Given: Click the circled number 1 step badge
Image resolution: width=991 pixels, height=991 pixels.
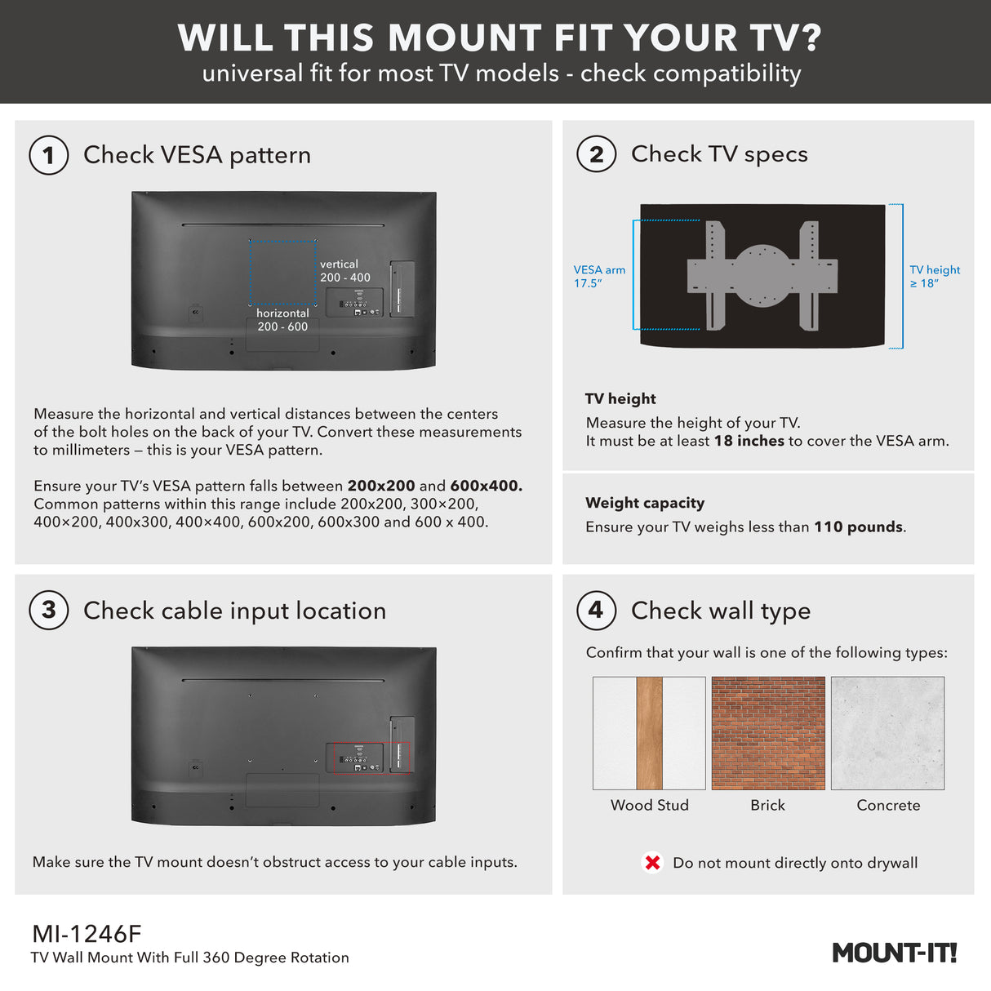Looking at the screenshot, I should point(49,155).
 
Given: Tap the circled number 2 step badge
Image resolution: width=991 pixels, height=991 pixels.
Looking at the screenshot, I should point(596,154).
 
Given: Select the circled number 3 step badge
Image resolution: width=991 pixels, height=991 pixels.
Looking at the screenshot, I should point(49,610).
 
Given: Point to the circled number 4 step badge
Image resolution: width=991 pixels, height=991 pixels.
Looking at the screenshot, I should point(596,610).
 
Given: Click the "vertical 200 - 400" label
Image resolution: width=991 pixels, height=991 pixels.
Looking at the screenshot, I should point(344,271).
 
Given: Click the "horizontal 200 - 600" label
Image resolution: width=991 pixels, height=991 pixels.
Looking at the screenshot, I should point(282,320).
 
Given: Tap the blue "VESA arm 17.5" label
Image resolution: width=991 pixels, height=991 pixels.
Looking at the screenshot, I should point(599,277).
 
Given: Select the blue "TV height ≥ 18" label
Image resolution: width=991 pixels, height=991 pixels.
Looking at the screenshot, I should point(935,277).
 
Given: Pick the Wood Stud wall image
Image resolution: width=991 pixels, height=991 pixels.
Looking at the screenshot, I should point(649,733).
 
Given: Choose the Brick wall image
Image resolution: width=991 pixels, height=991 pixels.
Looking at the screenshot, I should point(768,733).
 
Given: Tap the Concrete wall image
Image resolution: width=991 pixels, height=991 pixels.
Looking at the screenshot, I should point(887,733).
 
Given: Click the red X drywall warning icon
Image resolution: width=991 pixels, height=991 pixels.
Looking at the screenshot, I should point(652,863).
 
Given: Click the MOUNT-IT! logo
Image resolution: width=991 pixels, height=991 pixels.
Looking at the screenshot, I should point(894,953).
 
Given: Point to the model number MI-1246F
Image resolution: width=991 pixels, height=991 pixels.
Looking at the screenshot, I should point(87,934).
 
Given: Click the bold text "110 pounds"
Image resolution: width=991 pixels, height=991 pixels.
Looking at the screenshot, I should point(859,527).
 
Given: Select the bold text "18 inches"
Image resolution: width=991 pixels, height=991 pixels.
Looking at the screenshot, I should point(749,441).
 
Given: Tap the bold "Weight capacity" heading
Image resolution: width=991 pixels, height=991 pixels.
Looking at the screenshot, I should point(645,503).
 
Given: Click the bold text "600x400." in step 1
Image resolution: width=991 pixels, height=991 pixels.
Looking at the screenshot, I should point(486,486).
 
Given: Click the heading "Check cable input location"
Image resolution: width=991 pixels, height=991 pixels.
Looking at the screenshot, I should point(234,611).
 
